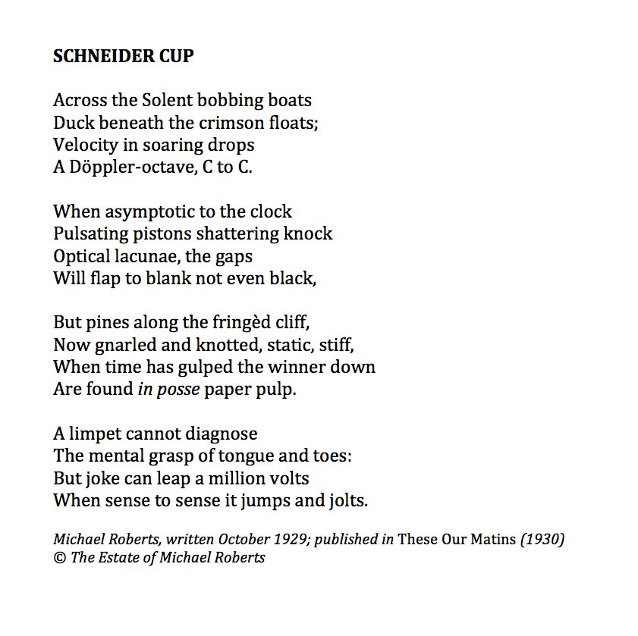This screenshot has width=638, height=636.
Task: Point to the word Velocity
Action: tap(86, 145)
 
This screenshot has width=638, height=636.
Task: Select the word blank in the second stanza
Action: tap(168, 278)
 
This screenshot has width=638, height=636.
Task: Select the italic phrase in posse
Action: tap(168, 390)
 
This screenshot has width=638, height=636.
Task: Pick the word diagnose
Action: tap(222, 434)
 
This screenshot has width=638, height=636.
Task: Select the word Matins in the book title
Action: tap(491, 540)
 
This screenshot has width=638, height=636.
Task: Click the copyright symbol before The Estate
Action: tap(59, 559)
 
